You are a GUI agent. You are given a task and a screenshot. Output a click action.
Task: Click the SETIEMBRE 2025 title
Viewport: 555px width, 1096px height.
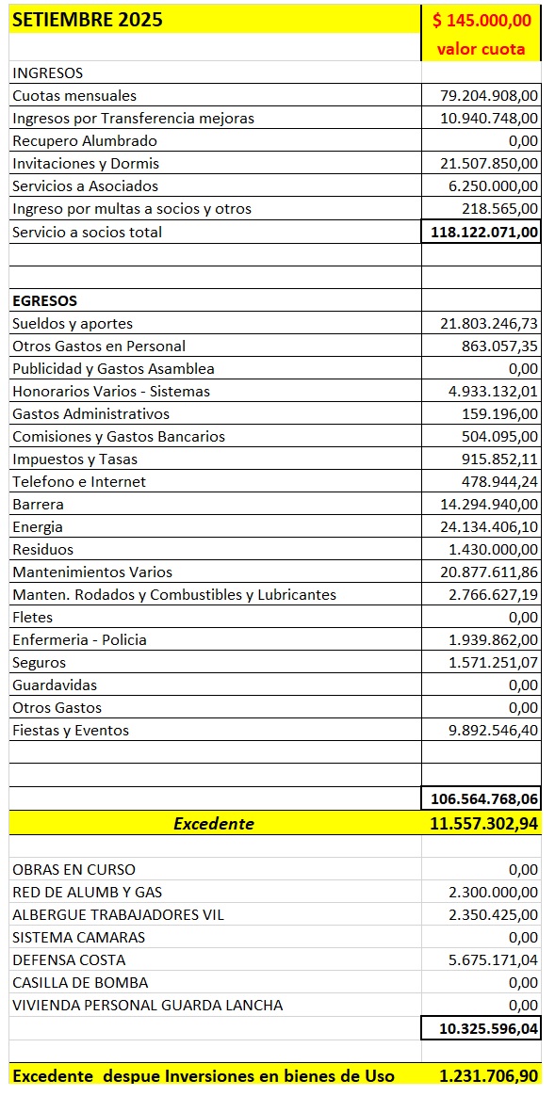(87, 19)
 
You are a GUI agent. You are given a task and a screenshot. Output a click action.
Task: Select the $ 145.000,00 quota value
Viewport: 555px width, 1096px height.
(482, 20)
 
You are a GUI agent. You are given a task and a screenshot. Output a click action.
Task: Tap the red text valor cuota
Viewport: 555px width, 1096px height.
(481, 49)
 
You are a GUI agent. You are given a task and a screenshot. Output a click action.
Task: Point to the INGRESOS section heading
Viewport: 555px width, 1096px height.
(47, 73)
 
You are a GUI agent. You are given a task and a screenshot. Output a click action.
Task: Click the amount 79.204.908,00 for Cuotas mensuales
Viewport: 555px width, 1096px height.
(489, 95)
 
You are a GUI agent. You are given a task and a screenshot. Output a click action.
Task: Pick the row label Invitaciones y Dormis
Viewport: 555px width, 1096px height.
(86, 163)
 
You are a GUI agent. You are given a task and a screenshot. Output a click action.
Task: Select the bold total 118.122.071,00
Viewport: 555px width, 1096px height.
(483, 232)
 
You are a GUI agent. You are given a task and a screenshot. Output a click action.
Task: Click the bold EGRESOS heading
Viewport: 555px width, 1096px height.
(44, 300)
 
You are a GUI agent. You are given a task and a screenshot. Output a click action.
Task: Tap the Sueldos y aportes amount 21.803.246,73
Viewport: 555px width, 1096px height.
(489, 323)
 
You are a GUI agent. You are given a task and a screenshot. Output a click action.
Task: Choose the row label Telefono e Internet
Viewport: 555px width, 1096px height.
(79, 481)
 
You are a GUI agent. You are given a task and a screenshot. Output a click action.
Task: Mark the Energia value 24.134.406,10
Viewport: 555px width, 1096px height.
(489, 526)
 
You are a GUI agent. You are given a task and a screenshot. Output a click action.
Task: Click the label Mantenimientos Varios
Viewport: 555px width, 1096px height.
(92, 572)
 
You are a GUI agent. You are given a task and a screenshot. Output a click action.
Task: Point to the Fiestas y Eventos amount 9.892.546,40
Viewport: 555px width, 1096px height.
(493, 730)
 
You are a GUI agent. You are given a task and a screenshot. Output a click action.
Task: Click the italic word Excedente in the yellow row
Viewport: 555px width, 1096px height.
(214, 823)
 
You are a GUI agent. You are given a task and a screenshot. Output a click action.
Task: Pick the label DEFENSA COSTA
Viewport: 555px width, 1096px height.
(68, 959)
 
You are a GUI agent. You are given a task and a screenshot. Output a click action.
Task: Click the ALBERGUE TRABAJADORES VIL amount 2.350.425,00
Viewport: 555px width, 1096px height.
(493, 914)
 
